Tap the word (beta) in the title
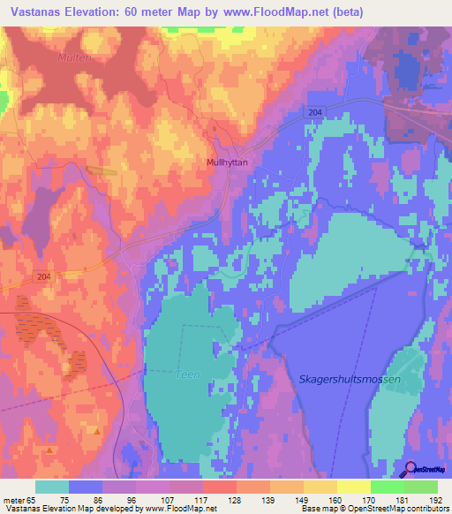coord(344,11)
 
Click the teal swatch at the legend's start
coord(52,487)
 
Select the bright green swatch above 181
coord(387,487)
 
